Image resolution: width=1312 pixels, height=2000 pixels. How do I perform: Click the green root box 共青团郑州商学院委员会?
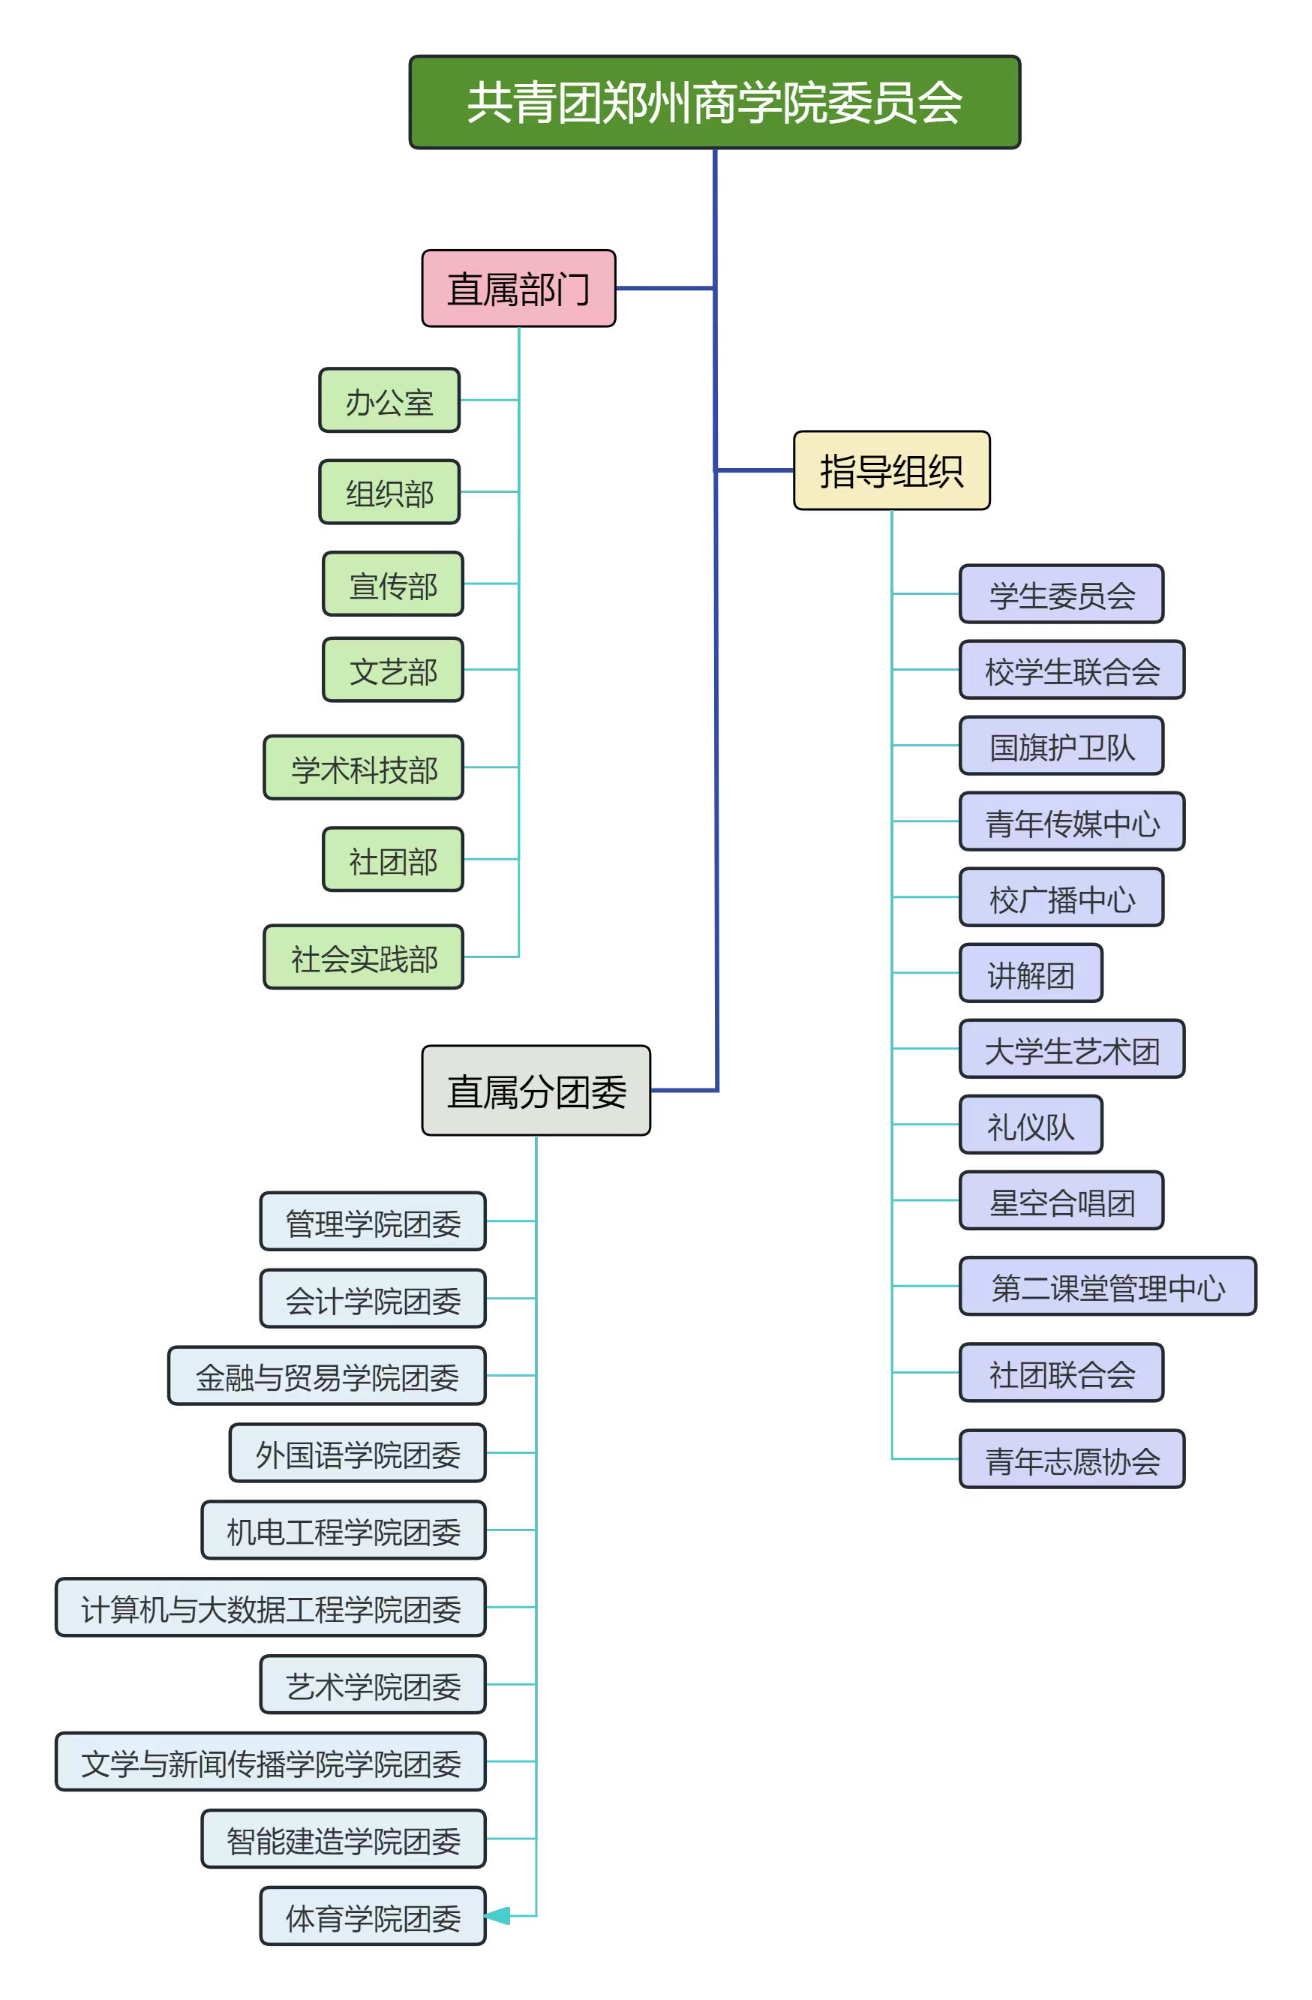(x=714, y=103)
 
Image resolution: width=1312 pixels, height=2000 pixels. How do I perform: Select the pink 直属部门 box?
(x=518, y=288)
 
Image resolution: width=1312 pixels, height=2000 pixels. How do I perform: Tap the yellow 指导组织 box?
(x=891, y=470)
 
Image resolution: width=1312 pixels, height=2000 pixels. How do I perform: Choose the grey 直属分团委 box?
(x=536, y=1091)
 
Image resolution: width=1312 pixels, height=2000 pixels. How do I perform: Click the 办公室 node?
(x=389, y=401)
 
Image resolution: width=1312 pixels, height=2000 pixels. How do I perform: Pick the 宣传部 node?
(x=392, y=584)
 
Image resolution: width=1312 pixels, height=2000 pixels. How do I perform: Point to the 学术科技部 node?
(x=364, y=768)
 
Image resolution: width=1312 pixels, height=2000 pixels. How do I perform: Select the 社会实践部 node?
(x=364, y=957)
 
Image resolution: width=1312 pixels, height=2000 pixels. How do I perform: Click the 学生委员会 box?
(x=1061, y=595)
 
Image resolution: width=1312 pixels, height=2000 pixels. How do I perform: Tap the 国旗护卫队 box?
(x=1061, y=746)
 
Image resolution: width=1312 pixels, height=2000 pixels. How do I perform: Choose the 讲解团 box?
(x=1031, y=974)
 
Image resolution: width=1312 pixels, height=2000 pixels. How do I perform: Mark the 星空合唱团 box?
(x=1061, y=1202)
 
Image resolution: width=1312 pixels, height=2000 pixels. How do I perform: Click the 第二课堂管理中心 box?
(x=1108, y=1287)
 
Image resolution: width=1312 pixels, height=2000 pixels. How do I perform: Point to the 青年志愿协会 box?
(x=1072, y=1461)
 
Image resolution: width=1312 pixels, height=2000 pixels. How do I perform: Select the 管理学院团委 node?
(x=373, y=1222)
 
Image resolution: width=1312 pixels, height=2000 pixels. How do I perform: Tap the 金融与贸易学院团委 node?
(x=327, y=1377)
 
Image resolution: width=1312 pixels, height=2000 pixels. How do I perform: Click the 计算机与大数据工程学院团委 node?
(x=271, y=1608)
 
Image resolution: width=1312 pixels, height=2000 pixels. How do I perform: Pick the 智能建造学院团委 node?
(x=344, y=1839)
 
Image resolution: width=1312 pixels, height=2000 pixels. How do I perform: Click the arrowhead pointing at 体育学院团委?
(x=497, y=1916)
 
